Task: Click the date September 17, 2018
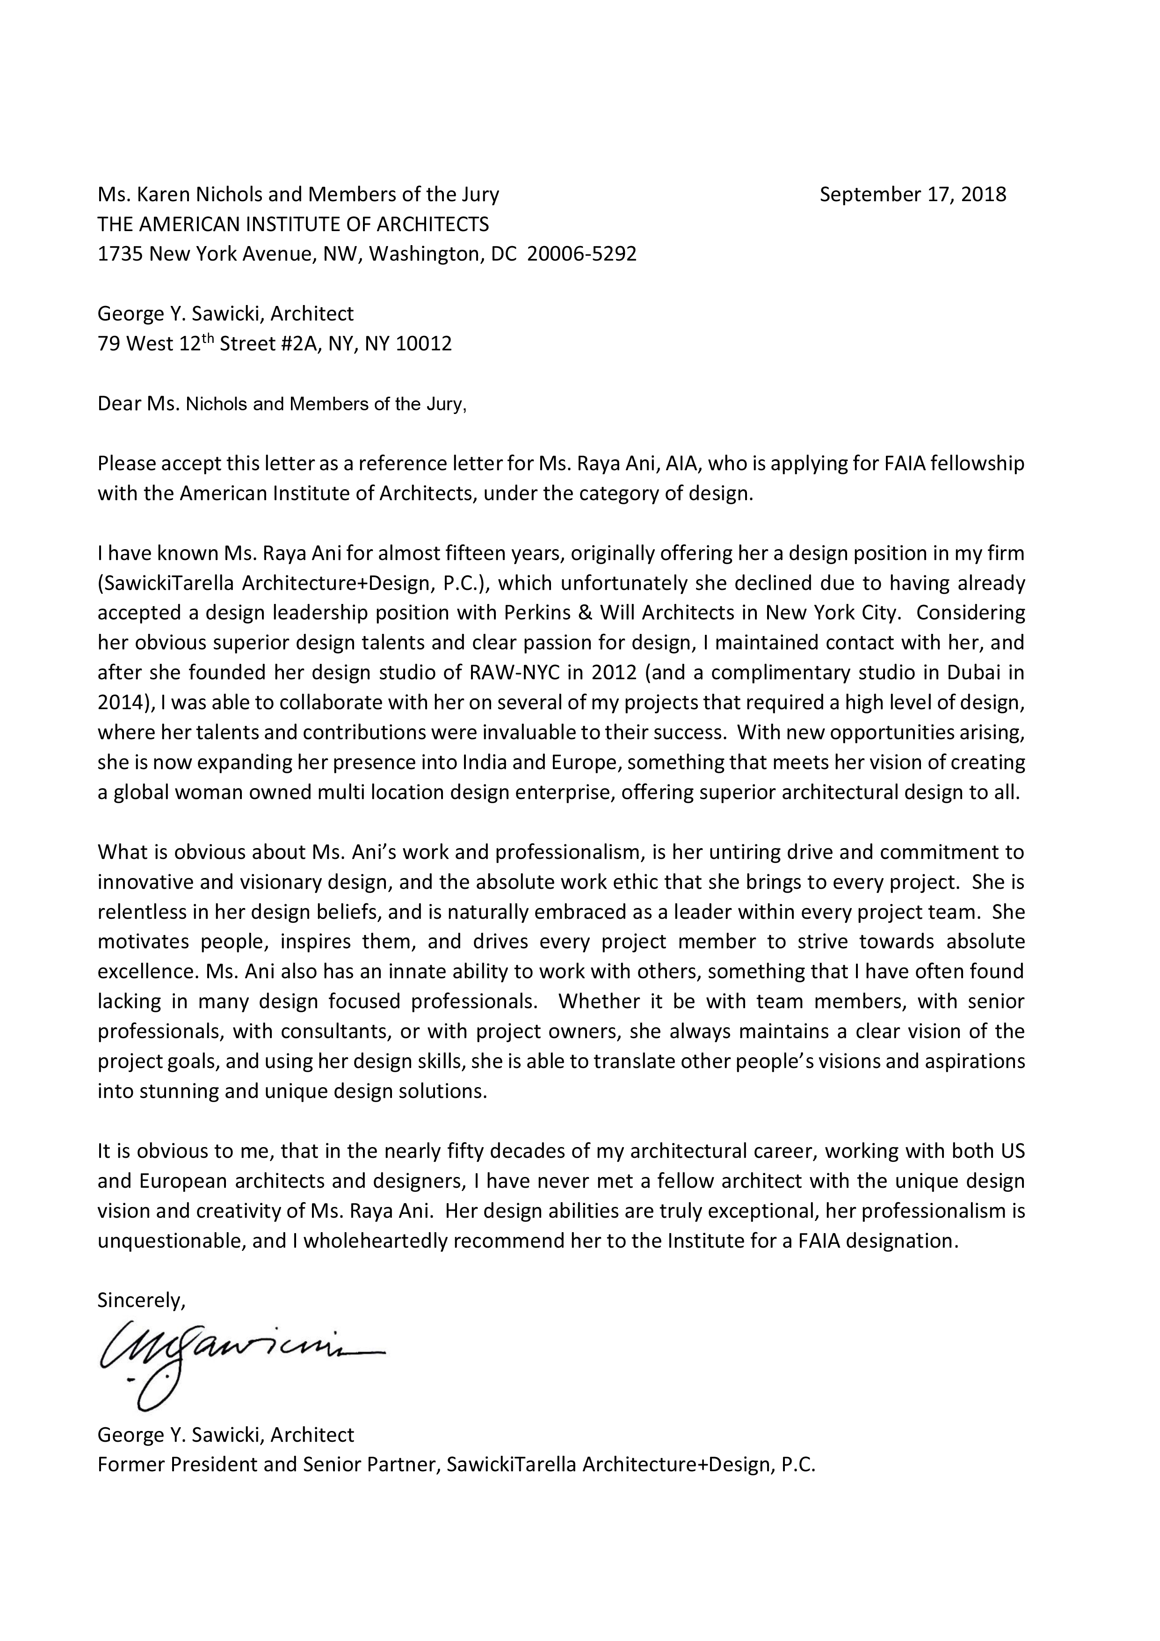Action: coord(912,195)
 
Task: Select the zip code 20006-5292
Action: coord(581,254)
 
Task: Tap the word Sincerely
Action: coord(140,1300)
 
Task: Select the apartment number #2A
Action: coord(302,344)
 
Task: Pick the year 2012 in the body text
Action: coord(599,673)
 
